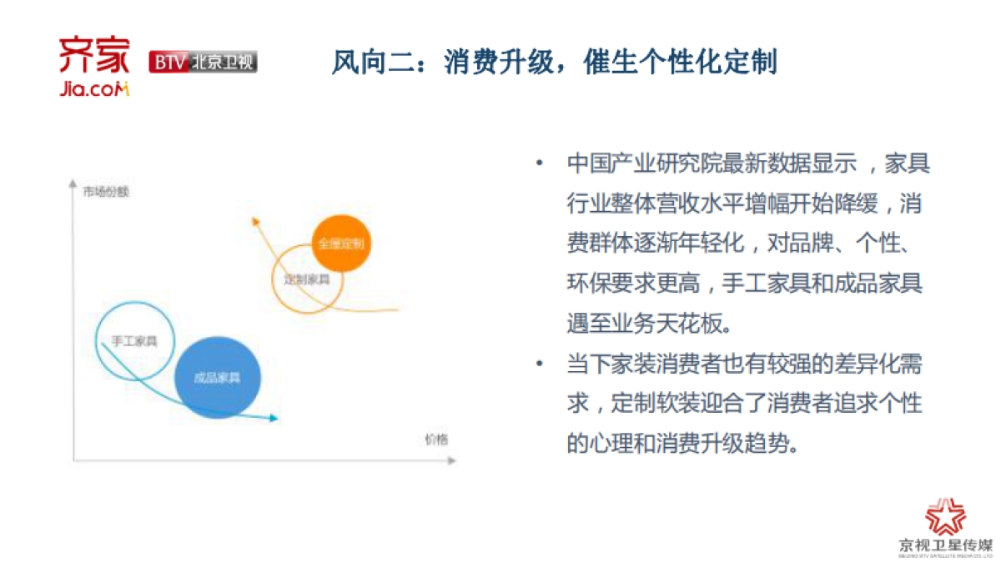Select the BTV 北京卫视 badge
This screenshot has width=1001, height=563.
203,62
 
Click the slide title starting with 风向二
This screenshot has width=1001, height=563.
554,62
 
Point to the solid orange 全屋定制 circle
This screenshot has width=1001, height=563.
340,244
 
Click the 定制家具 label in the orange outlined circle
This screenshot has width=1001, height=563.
306,279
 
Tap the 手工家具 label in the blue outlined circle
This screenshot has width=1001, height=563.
134,340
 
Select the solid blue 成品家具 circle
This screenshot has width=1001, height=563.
218,377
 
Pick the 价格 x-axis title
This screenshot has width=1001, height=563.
435,440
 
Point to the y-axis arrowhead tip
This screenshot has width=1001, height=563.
73,181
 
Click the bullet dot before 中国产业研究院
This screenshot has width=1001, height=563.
541,163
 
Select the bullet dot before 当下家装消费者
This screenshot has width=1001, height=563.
541,364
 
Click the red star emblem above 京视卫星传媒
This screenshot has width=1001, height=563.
945,518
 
